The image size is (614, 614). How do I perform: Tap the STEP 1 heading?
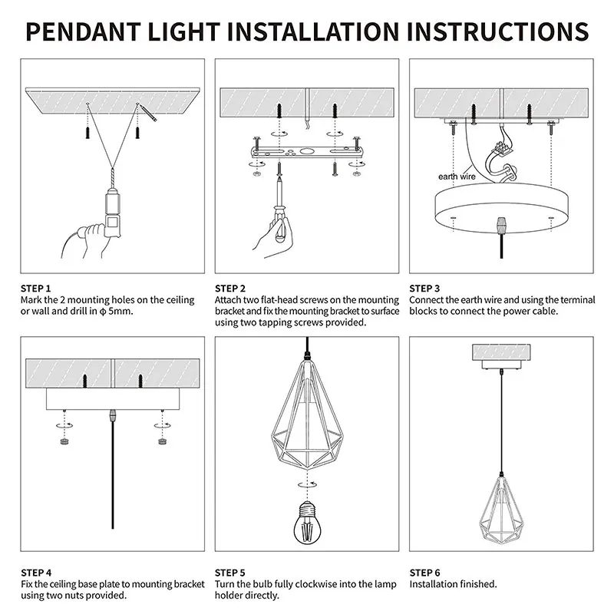coord(36,288)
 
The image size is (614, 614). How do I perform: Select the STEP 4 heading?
coord(36,573)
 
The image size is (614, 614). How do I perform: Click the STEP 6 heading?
coord(425,573)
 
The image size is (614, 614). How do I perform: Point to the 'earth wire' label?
coord(457,177)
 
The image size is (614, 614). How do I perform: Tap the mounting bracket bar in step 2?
coord(306,150)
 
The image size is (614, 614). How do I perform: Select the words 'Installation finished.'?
coord(453,584)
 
